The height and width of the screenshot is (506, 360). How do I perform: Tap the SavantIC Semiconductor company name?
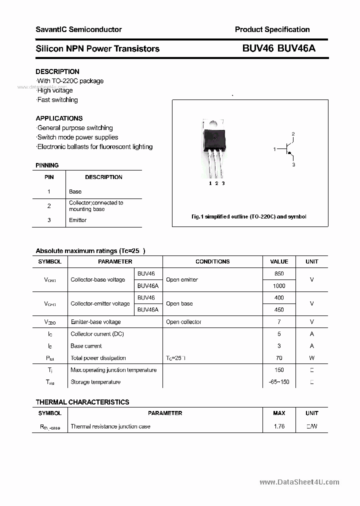(78, 29)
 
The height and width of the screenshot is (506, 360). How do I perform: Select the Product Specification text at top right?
(272, 29)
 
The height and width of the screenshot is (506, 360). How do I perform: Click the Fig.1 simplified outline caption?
(249, 217)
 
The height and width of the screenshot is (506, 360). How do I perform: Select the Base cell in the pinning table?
(75, 191)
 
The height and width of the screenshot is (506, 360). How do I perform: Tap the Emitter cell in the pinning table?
(77, 220)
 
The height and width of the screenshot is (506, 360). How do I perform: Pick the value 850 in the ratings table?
(279, 273)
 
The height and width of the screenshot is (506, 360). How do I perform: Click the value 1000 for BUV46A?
(279, 285)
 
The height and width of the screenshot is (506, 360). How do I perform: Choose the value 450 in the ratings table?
(279, 309)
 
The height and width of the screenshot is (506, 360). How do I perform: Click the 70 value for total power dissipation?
(279, 358)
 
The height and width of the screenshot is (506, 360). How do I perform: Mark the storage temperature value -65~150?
(279, 382)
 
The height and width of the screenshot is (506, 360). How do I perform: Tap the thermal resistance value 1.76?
(279, 426)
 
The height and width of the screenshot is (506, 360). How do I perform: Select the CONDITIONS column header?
(212, 261)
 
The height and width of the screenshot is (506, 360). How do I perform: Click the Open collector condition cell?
(183, 322)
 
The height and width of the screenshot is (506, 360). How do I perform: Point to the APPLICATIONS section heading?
(59, 118)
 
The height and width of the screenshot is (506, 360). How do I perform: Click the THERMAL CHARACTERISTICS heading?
(82, 402)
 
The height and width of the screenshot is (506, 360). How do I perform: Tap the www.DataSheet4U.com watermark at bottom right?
(299, 482)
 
